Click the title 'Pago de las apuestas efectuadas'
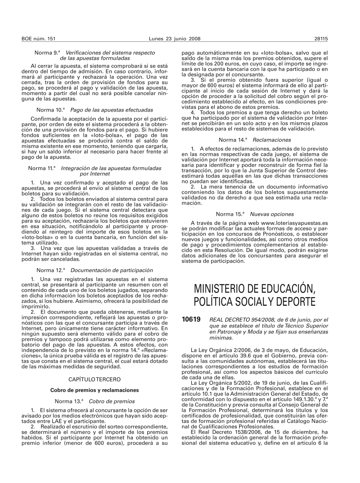point(112,110)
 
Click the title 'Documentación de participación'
point(112,270)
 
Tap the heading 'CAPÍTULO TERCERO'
point(94,379)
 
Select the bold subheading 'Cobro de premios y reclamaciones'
point(94,390)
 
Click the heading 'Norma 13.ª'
point(69,401)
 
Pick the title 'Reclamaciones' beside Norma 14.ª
point(272,140)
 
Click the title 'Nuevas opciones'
point(272,214)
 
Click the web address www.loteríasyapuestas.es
point(294,223)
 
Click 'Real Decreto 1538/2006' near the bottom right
point(221,432)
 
